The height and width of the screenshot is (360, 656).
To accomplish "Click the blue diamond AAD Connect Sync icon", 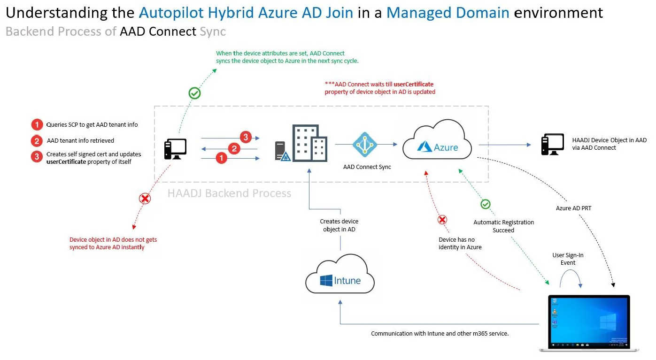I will click(364, 145).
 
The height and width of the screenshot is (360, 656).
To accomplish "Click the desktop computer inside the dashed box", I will click(175, 150).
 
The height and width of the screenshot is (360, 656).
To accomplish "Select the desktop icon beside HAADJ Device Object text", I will click(553, 145).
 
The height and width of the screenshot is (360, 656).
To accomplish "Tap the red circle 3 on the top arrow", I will click(245, 137).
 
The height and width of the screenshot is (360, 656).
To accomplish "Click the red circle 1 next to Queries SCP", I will click(37, 125).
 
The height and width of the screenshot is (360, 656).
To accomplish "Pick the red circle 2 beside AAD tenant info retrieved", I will click(37, 141).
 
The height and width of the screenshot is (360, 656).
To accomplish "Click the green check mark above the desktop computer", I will click(194, 93).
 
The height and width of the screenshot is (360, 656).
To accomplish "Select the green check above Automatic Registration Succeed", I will click(486, 204).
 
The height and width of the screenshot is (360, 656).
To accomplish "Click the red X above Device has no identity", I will click(442, 219).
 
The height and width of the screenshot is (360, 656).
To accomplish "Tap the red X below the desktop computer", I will click(145, 199).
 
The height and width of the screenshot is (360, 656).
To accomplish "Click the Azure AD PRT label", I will click(573, 208).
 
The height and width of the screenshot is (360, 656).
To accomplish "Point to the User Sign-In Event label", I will click(568, 259).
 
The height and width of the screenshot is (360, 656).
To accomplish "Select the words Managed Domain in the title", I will click(448, 12).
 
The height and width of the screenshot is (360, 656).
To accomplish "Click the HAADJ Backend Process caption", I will click(229, 193).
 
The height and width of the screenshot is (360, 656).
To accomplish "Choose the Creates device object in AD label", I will click(339, 225).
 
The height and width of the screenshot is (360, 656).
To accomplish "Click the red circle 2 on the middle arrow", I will click(234, 149).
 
